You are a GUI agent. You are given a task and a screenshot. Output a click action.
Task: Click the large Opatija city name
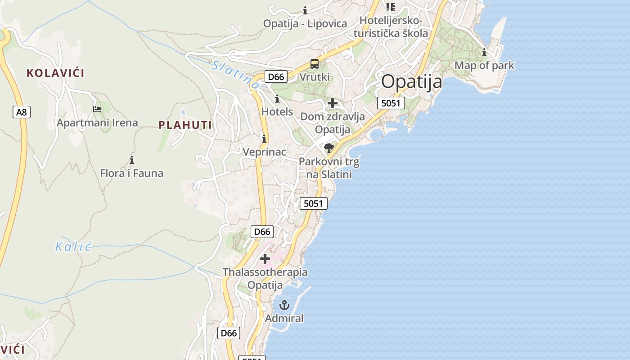[x=412, y=82]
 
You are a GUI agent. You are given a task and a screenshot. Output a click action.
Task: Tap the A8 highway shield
[x=22, y=112]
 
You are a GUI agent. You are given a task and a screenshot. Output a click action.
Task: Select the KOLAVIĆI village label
[x=55, y=73]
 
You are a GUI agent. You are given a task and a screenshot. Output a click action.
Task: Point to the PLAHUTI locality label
[x=185, y=125]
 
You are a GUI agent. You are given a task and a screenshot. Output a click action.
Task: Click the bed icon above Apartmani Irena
[x=97, y=109]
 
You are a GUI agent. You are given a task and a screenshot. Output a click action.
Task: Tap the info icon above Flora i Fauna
[x=132, y=160]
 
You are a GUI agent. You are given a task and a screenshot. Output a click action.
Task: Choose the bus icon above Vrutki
[x=315, y=64]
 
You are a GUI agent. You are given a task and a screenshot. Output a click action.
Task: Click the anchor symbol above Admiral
[x=284, y=306]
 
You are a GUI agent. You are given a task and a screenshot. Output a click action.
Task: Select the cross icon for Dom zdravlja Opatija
[x=333, y=103]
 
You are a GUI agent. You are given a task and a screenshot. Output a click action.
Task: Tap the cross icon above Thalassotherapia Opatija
[x=265, y=258]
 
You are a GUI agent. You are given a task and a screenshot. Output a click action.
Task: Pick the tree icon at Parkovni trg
[x=329, y=148]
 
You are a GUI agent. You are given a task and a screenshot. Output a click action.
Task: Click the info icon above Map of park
[x=484, y=53]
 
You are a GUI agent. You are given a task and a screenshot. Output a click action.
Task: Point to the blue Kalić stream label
[x=73, y=246]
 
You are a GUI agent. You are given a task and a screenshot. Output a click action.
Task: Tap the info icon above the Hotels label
[x=277, y=99]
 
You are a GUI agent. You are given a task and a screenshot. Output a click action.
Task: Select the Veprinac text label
[x=264, y=152]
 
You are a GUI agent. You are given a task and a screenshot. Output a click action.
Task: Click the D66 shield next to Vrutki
[x=276, y=77]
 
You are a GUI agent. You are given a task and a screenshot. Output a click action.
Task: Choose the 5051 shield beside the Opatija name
[x=391, y=103]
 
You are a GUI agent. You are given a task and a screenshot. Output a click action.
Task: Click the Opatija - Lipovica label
[x=305, y=23]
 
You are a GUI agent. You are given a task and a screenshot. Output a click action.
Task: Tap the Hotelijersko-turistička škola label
[x=391, y=27]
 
